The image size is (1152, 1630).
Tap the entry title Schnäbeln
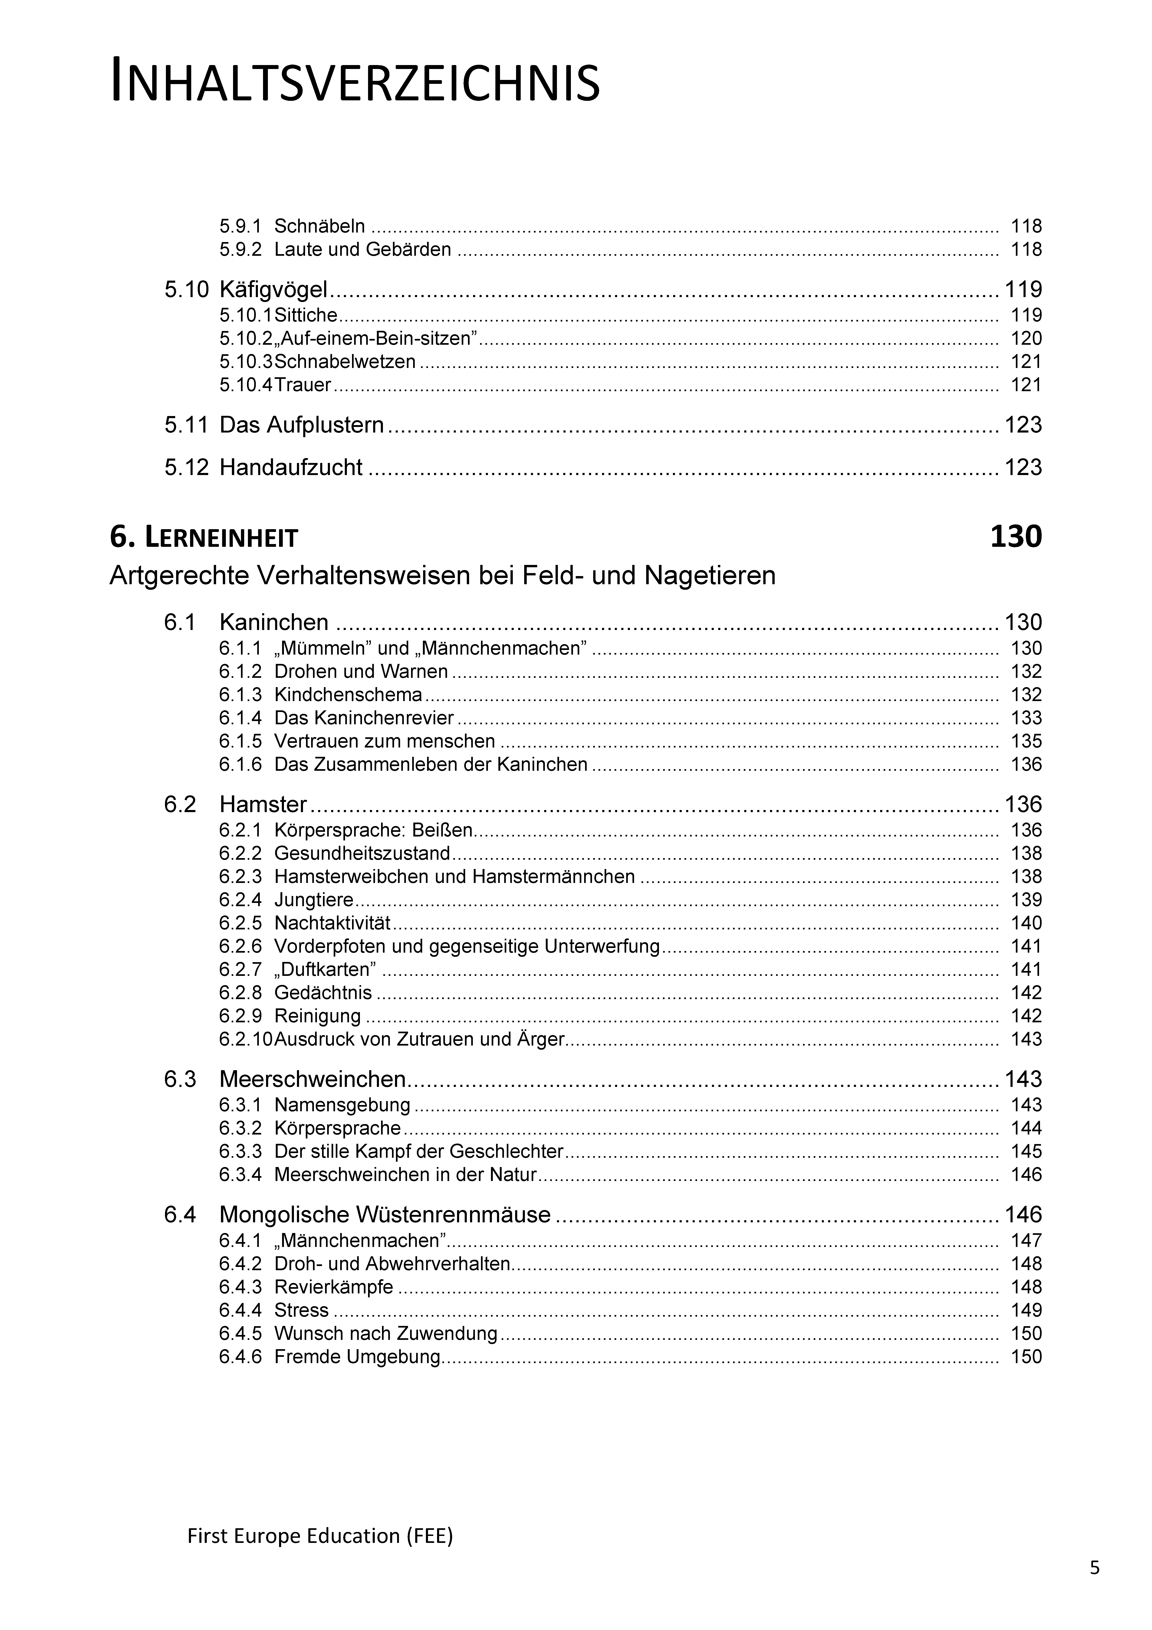point(320,226)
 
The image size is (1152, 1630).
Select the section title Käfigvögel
point(273,290)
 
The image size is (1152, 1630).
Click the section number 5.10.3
point(246,361)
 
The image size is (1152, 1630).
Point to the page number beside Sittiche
point(1026,315)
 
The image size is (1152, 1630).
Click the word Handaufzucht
point(291,467)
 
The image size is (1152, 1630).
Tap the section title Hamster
point(263,804)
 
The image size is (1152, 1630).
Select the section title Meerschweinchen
point(313,1079)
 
